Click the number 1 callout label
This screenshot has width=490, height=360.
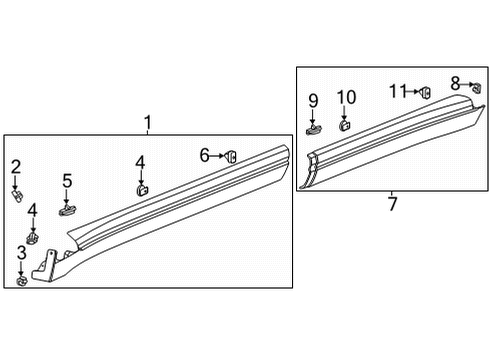tap(147, 123)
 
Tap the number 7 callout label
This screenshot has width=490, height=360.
tap(392, 204)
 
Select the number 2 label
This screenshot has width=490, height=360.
tap(16, 166)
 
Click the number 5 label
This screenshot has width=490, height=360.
tap(68, 181)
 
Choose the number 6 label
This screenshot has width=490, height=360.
tap(204, 155)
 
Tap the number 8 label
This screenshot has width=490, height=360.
tap(454, 83)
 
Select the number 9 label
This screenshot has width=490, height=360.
tap(313, 100)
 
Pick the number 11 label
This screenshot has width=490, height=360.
tap(398, 91)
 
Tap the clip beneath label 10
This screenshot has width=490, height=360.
tap(345, 126)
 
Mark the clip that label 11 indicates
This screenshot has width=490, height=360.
tap(423, 92)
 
